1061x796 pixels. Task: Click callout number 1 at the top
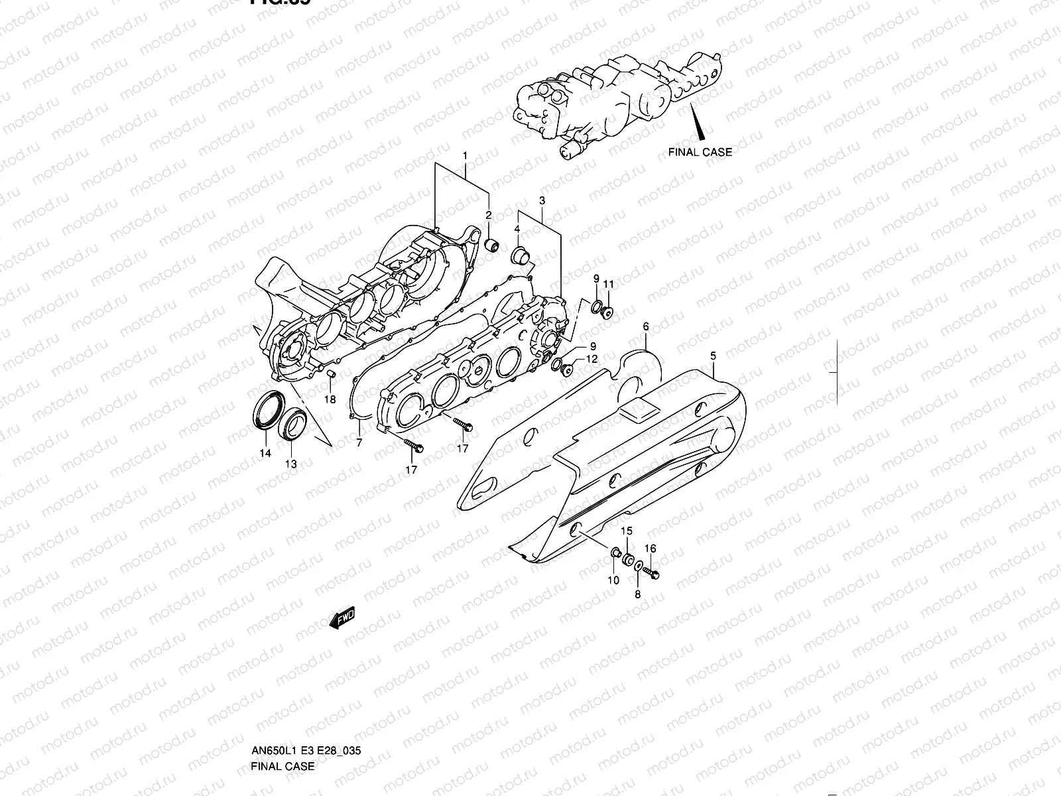pyautogui.click(x=465, y=156)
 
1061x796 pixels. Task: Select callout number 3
pyautogui.click(x=542, y=200)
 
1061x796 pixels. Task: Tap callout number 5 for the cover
pyautogui.click(x=713, y=356)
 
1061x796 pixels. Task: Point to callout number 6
pyautogui.click(x=646, y=326)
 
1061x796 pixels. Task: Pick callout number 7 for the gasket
pyautogui.click(x=359, y=442)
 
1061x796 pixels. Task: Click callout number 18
pyautogui.click(x=330, y=399)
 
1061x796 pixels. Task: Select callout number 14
pyautogui.click(x=265, y=454)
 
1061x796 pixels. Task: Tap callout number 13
pyautogui.click(x=291, y=464)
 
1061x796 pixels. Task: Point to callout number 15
pyautogui.click(x=626, y=531)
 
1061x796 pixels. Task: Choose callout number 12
pyautogui.click(x=592, y=359)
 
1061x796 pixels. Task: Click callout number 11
pyautogui.click(x=608, y=285)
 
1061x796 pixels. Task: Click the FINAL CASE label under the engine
pyautogui.click(x=700, y=152)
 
